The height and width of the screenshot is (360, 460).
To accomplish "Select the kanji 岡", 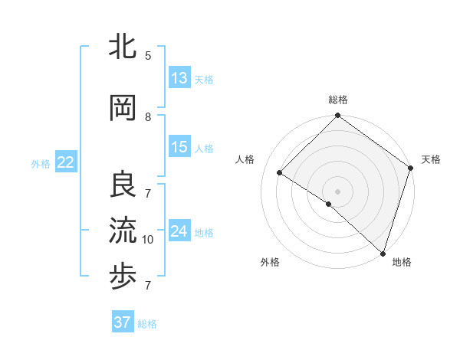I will pyautogui.click(x=123, y=109).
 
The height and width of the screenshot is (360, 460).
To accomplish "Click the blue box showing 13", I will pyautogui.click(x=179, y=78).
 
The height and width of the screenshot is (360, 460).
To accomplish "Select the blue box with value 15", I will pyautogui.click(x=179, y=147).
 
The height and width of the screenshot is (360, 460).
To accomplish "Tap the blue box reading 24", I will pyautogui.click(x=179, y=231).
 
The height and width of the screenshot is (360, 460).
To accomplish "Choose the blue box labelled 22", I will pyautogui.click(x=66, y=162).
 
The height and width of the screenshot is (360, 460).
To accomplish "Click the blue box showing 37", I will pyautogui.click(x=123, y=322).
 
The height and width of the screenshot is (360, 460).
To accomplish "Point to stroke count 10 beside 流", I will pyautogui.click(x=148, y=240).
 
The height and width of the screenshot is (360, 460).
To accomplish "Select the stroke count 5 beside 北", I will pyautogui.click(x=148, y=56).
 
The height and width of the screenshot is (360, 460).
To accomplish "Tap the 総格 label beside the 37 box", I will pyautogui.click(x=148, y=324).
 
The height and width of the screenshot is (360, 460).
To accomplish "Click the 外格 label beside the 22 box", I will pyautogui.click(x=41, y=163).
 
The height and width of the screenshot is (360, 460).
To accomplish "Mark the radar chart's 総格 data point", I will pyautogui.click(x=337, y=116).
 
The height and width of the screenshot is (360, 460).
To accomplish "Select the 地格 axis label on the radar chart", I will pyautogui.click(x=402, y=262).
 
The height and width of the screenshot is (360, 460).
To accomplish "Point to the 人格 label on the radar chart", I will pyautogui.click(x=245, y=159).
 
